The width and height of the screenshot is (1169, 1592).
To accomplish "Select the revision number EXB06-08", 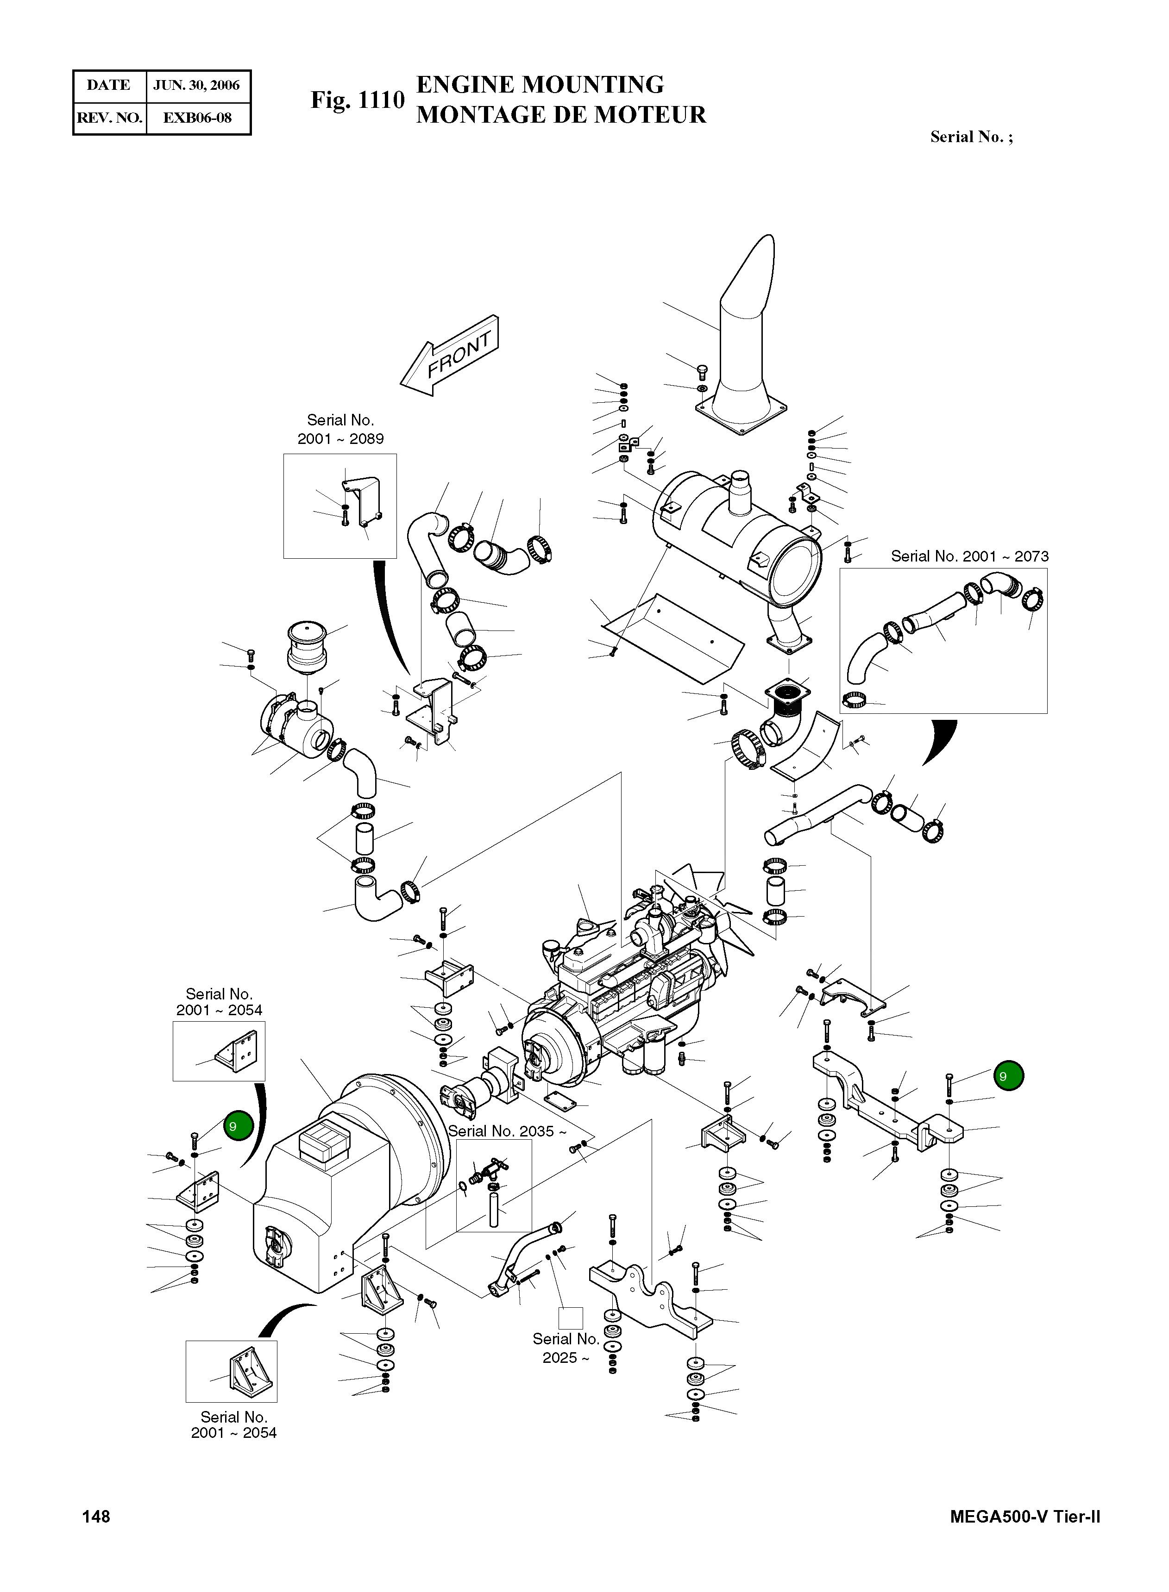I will click(x=197, y=118).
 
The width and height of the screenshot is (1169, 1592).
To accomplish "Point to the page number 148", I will click(x=96, y=1517).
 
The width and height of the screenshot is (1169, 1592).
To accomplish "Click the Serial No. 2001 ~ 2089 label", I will click(x=340, y=429).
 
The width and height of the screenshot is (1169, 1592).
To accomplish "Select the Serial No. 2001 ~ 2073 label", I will click(x=969, y=556).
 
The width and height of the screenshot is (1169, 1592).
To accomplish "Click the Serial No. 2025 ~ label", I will click(x=566, y=1348).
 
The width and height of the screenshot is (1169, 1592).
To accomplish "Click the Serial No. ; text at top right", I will click(x=971, y=137).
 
